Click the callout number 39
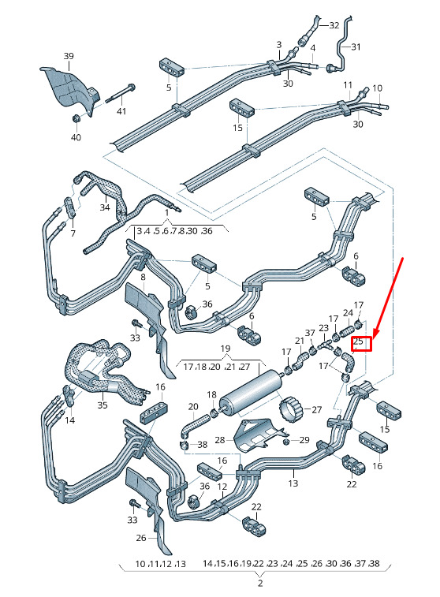click(x=69, y=56)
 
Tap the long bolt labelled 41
click(x=120, y=93)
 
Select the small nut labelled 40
click(x=76, y=118)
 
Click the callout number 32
click(x=334, y=25)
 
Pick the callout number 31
click(x=356, y=47)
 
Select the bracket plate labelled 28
click(x=259, y=435)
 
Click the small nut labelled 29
click(x=287, y=442)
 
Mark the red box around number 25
click(x=361, y=344)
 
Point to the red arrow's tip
click(x=374, y=339)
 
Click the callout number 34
click(x=105, y=207)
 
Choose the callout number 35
click(x=103, y=405)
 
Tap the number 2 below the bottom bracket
click(x=260, y=584)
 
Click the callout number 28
click(x=220, y=440)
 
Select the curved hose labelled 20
click(x=193, y=425)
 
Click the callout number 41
click(x=121, y=111)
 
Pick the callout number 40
click(x=76, y=137)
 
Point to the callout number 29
click(x=304, y=440)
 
